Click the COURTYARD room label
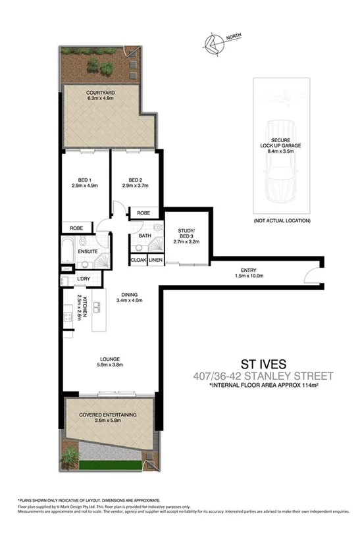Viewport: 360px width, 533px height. coord(100,93)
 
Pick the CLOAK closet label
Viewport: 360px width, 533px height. coord(138,261)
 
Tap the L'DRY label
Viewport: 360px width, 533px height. coord(83,280)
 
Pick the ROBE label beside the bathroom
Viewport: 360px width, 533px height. coord(143,213)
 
